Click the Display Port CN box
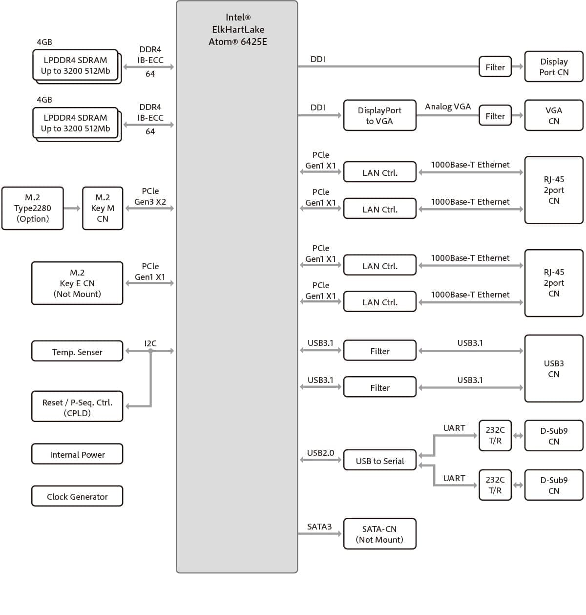pos(554,66)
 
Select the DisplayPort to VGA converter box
pos(379,115)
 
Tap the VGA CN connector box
pos(554,115)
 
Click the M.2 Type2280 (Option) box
pos(33,208)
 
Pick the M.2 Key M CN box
pos(103,208)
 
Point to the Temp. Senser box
pos(77,351)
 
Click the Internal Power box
pos(77,454)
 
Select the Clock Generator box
pos(77,496)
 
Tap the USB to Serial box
pos(379,460)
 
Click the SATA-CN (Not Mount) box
pos(379,534)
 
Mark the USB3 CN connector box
pos(554,368)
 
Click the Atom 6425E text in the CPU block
pos(238,42)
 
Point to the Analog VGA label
pos(448,106)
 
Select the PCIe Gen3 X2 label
pos(150,196)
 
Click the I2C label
pos(150,343)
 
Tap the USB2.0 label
pos(320,453)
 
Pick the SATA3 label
pos(319,527)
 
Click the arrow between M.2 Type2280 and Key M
pos(72,209)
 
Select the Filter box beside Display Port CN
pos(495,67)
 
